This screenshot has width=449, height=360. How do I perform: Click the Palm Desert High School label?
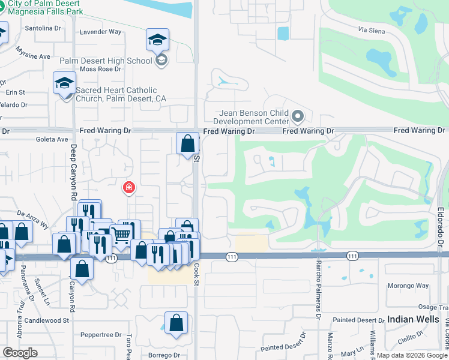106,61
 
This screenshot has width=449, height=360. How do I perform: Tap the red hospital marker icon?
128,188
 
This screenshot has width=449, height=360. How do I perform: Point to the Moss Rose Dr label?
97,69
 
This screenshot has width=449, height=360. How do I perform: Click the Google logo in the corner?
20,353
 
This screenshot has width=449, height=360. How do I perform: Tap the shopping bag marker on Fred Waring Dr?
188,144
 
